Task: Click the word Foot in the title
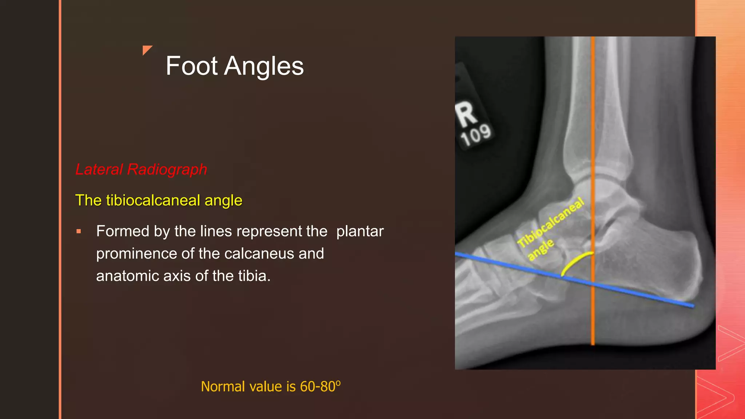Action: [192, 66]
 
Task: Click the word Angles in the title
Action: [264, 66]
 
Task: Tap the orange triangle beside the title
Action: [147, 49]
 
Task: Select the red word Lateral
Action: [99, 169]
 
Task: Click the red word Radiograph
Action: [167, 169]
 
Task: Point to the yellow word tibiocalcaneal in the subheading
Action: [153, 200]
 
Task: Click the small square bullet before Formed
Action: [79, 231]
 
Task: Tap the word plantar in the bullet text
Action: [360, 231]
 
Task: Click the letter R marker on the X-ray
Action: [466, 114]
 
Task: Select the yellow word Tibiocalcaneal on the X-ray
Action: [551, 223]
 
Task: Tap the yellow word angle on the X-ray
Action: [541, 249]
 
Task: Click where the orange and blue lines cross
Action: [593, 284]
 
